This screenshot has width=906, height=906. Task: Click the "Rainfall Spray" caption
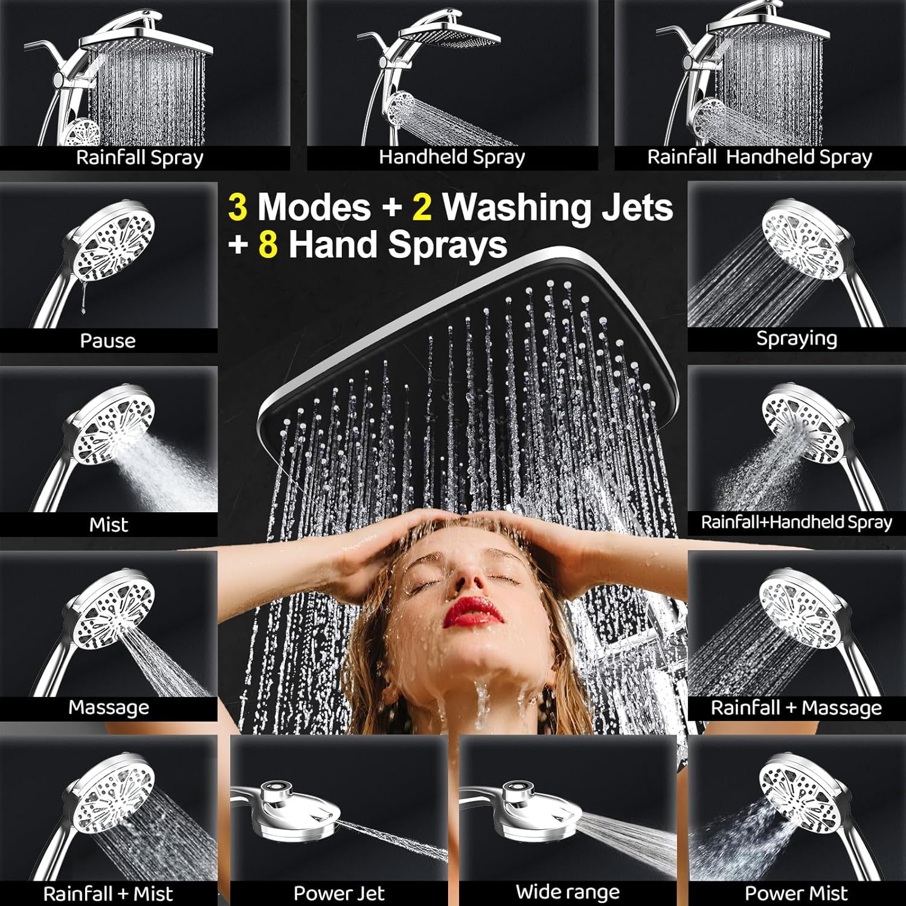coord(140,158)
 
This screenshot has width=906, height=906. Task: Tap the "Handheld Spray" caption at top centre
coord(452,157)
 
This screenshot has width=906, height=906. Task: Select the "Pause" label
coord(108,341)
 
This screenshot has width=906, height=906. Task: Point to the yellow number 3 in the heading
coord(237,207)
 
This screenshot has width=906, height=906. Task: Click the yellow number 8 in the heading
coord(268,245)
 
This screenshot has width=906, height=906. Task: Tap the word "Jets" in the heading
coord(637,207)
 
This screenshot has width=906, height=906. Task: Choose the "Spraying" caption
coord(797,338)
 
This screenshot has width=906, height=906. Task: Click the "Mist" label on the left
coord(109,524)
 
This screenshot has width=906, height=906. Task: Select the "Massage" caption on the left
coord(109,707)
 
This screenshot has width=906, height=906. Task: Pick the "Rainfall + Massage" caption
coord(796,708)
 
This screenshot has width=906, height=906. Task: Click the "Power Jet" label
coord(339,893)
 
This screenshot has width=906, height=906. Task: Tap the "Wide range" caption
coord(568,892)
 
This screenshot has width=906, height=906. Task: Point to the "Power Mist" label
coord(796,893)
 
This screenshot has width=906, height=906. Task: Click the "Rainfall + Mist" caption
coord(108,894)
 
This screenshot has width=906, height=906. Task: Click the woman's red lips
coord(474,612)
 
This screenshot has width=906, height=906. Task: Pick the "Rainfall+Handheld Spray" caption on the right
coord(796,522)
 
